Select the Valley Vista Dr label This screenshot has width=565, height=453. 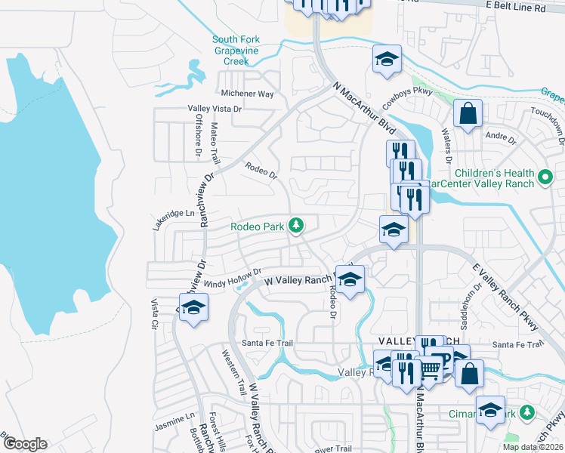point(215,109)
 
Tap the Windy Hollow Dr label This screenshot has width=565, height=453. point(237,277)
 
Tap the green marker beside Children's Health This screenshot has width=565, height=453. point(546,179)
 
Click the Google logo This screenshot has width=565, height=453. point(24,444)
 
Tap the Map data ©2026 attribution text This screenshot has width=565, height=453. point(532,447)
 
